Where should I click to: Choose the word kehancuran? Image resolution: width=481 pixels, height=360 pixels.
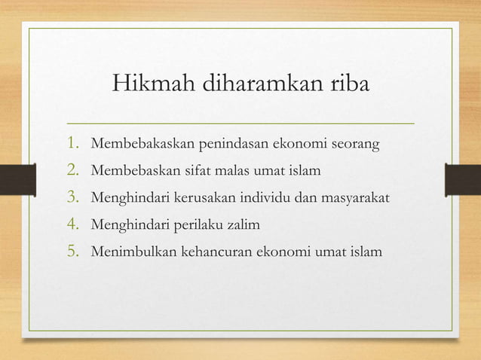[x=216, y=252]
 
